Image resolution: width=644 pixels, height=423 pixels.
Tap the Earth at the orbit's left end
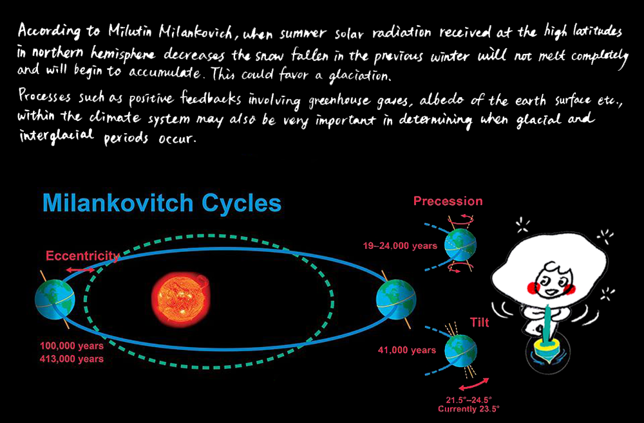pos(55,298)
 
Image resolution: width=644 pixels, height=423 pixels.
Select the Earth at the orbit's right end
pos(396,299)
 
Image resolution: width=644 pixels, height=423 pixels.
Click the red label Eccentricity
pos(82,256)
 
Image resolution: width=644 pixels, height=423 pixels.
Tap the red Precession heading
pos(448,201)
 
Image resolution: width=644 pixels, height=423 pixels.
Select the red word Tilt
pos(479,323)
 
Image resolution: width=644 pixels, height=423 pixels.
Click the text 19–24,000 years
pos(400,246)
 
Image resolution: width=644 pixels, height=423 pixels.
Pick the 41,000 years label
pos(406,350)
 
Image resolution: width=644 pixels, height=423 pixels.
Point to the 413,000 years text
pos(72,359)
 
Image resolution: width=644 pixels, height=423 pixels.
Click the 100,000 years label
pos(72,346)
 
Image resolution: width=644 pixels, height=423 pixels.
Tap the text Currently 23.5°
pos(469,409)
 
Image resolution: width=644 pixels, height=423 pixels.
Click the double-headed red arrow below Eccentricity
pos(81,270)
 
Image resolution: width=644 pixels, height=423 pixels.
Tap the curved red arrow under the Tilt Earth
pos(474,384)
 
